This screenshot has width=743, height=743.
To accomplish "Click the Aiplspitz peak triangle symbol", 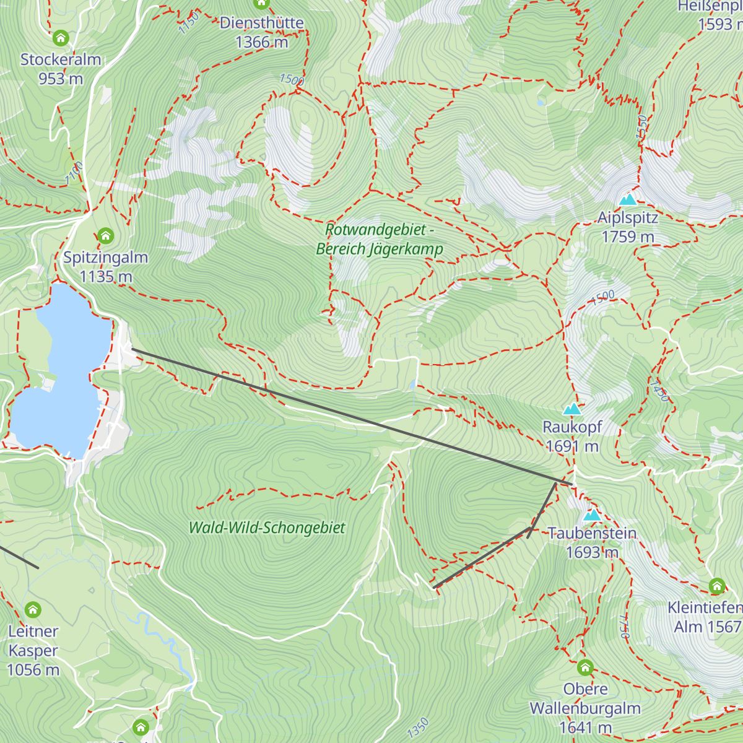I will point(628,199).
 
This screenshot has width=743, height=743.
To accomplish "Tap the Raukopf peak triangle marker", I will point(572,409).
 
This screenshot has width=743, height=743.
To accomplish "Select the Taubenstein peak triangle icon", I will point(593,515).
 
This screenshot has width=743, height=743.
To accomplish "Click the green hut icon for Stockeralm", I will point(61,38).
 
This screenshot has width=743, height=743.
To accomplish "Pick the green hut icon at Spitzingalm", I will point(106,236).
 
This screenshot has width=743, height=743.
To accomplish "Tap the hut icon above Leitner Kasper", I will point(33,610).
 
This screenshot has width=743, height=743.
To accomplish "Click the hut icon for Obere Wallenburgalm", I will point(585,668).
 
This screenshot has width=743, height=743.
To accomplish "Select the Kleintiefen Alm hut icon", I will point(717,586).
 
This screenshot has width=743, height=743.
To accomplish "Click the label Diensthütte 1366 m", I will point(262,32).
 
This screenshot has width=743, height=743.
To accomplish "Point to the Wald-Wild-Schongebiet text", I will point(267,528).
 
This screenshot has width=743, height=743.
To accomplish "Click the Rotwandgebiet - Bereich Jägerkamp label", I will point(380,240).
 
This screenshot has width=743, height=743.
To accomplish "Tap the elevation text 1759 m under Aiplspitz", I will point(628,237).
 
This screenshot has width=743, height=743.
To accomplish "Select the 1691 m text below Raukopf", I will point(572,446).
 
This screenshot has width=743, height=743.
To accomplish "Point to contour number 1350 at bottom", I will point(419,728).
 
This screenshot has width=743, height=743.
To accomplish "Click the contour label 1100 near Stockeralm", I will point(74,173).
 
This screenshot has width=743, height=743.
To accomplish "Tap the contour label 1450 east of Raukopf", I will point(659,391).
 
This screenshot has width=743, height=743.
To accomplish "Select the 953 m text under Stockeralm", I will point(61,79).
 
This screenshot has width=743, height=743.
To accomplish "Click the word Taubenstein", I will point(593,534).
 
